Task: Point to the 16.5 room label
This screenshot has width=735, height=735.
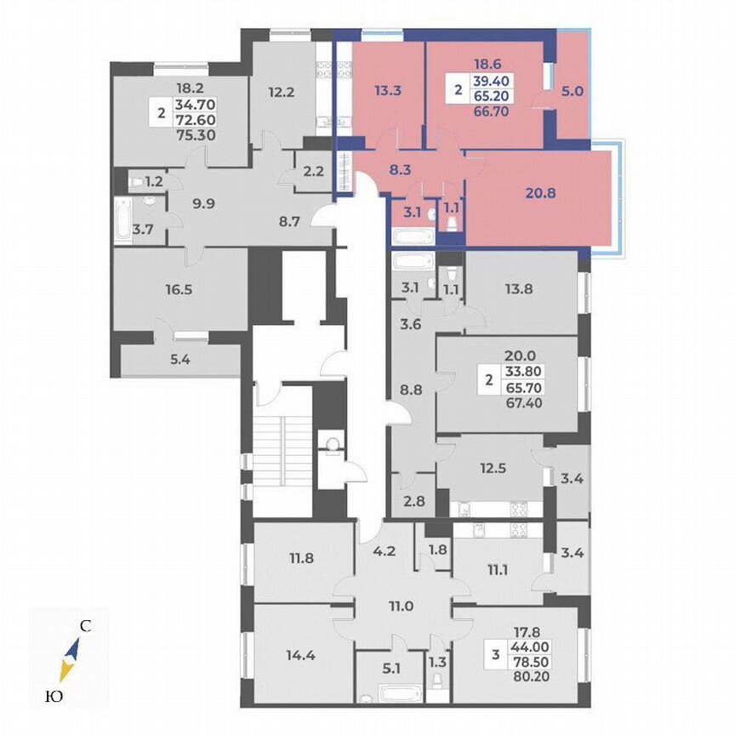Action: pos(179,289)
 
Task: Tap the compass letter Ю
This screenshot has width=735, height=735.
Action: pos(52,697)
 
